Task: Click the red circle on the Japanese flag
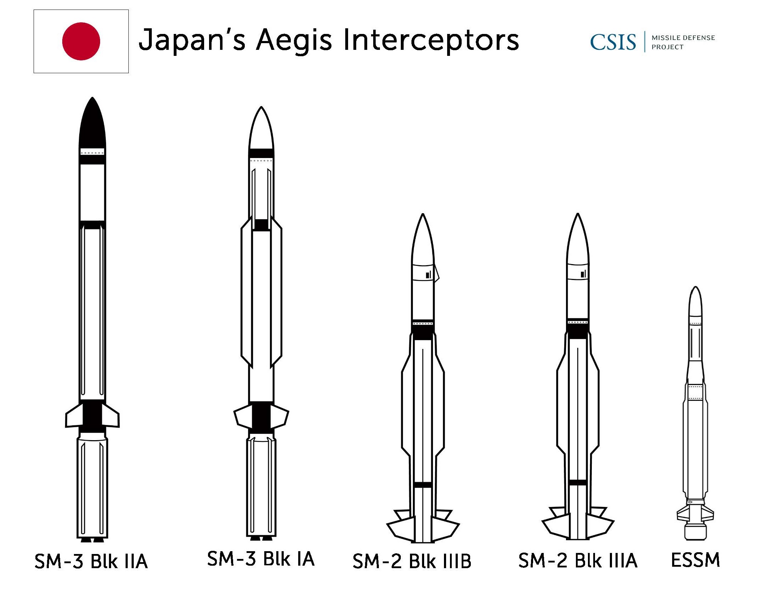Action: pos(81,41)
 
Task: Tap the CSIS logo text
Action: pos(613,42)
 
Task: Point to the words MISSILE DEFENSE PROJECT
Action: pos(683,42)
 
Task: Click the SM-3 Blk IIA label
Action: pos(91,561)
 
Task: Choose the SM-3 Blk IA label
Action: pos(261,559)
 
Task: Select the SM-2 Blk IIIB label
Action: pos(412,561)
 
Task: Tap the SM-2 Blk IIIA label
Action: pos(578,560)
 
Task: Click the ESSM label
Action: pos(695,560)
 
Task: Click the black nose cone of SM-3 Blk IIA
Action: pos(92,124)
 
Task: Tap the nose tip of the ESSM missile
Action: pos(695,287)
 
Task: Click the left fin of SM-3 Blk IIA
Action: pos(74,416)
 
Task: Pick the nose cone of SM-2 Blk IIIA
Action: pos(578,239)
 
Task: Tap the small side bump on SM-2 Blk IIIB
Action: pos(437,273)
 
